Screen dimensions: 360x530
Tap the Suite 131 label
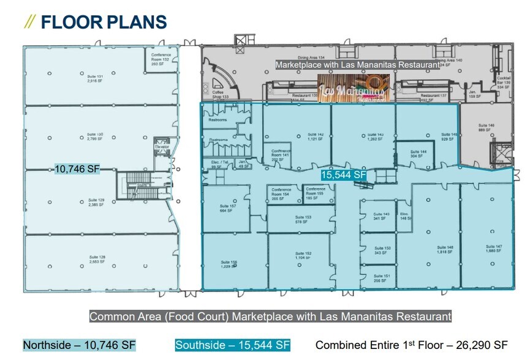tap(95, 78)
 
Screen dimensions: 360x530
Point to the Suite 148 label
tap(445, 249)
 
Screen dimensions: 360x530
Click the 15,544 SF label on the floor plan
tap(344, 175)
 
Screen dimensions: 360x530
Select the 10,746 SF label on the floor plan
tap(77, 169)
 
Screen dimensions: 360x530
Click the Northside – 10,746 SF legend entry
tap(79, 345)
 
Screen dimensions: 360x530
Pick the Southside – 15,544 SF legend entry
tap(232, 345)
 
